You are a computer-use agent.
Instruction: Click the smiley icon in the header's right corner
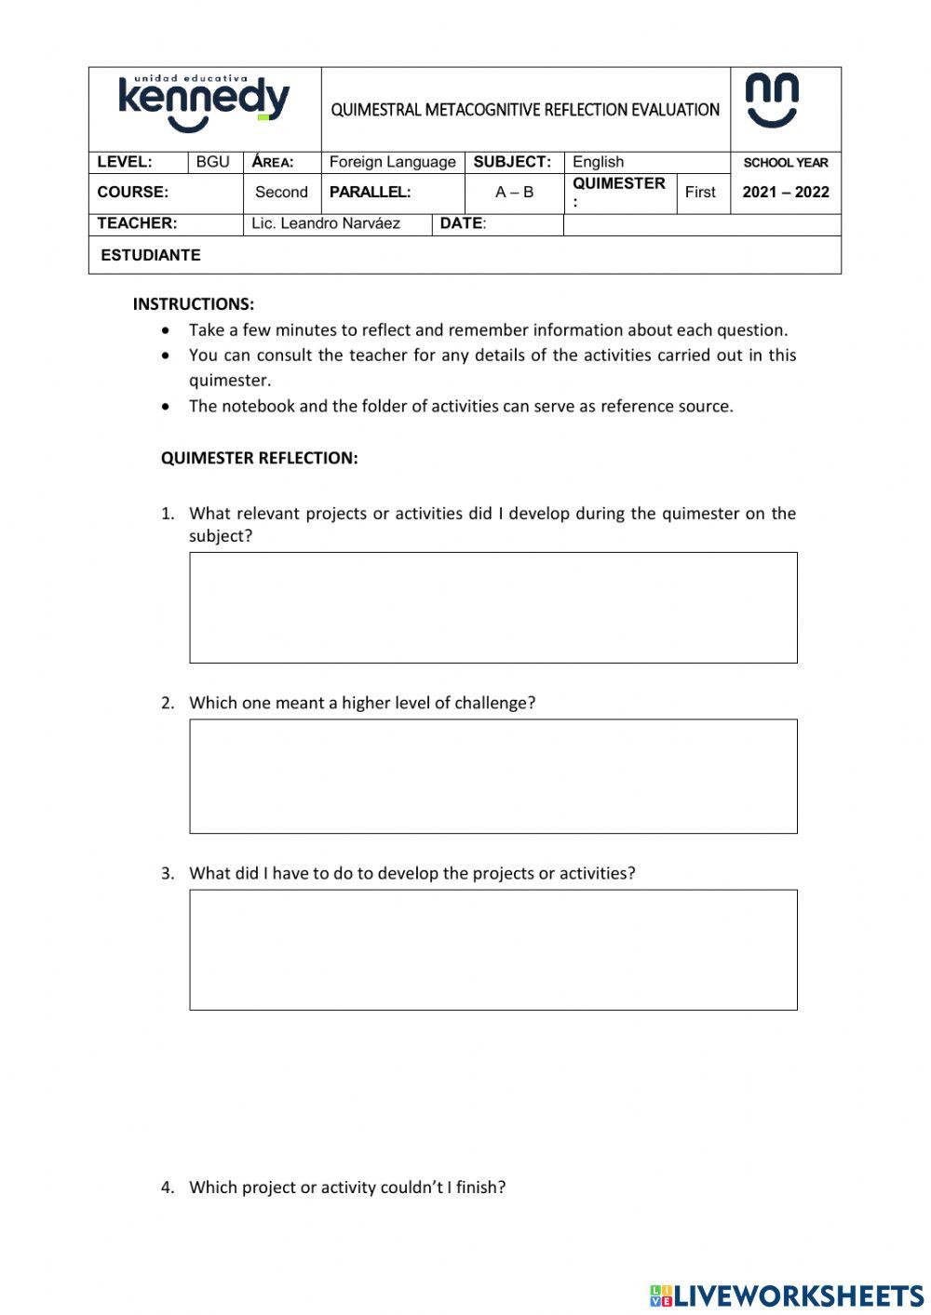tap(772, 101)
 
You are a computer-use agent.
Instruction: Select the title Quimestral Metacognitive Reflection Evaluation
tap(525, 110)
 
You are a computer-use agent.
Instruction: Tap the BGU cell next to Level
tap(212, 162)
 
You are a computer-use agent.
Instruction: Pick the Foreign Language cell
tap(392, 162)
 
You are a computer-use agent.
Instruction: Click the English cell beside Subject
tap(599, 162)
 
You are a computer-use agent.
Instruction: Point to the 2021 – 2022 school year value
tap(786, 193)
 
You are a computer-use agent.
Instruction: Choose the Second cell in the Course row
tap(281, 193)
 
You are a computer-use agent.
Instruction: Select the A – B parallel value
tap(514, 193)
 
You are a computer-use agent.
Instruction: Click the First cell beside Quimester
tap(700, 193)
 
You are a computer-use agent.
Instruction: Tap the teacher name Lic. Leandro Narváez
tap(326, 223)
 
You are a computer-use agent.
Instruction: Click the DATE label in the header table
tap(463, 223)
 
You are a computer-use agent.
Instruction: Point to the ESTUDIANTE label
tap(150, 255)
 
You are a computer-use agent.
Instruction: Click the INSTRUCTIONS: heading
tap(194, 304)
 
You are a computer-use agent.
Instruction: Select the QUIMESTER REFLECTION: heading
tap(259, 458)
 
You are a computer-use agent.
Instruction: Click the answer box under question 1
tap(493, 608)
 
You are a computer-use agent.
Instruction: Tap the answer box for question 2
tap(493, 776)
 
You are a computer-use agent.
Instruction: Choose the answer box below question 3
tap(493, 949)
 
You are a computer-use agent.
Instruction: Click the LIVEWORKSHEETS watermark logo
tap(787, 1295)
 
